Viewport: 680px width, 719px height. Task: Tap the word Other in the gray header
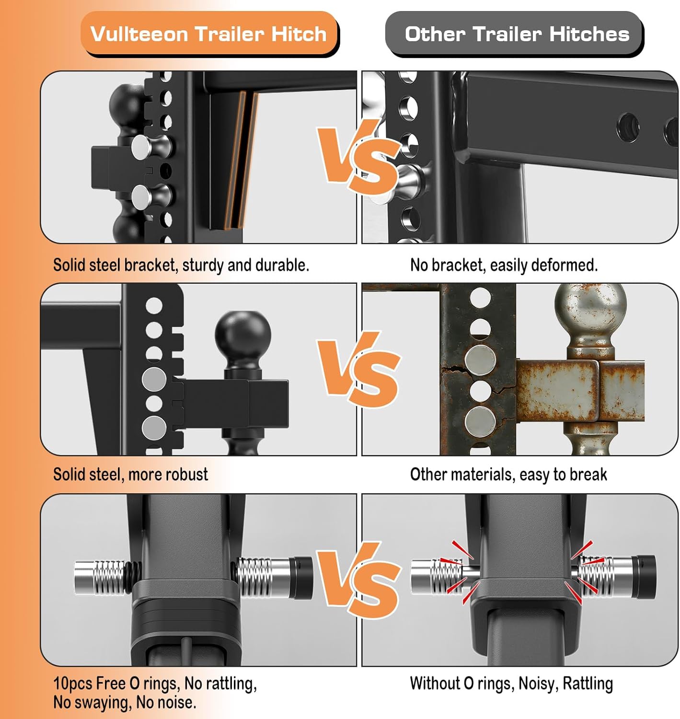[434, 35]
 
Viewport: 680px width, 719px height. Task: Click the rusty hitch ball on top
[590, 312]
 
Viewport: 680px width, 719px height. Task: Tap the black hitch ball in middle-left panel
[243, 336]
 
